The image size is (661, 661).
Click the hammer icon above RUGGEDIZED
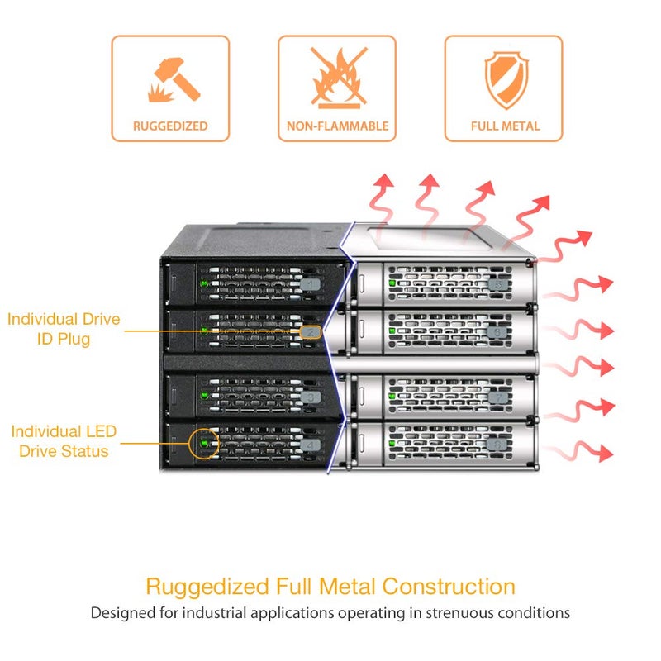174,80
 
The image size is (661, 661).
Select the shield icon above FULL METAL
506,79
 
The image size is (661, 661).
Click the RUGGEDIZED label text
170,126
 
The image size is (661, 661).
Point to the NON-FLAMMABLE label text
337,126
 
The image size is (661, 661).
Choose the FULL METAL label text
505,126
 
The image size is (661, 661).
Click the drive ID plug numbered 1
311,284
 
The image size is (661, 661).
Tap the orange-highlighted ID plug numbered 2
311,332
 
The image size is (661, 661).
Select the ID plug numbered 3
311,397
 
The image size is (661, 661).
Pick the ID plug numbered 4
311,445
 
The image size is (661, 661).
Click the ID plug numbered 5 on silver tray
498,285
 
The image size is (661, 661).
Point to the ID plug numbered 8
497,445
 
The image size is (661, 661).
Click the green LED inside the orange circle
204,444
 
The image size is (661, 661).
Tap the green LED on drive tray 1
205,283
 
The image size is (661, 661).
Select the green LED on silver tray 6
392,330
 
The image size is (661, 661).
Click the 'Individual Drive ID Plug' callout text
64,329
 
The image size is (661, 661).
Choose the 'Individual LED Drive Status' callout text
64,441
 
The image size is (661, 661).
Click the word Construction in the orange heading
449,587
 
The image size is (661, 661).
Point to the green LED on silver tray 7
392,396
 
